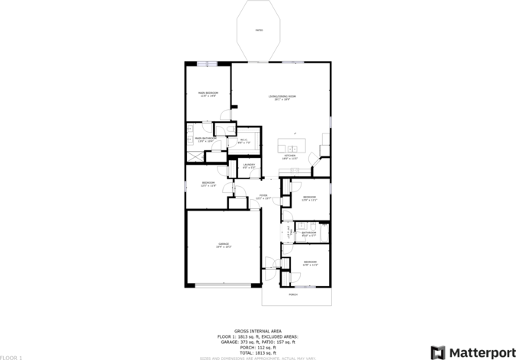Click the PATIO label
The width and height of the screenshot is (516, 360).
259,30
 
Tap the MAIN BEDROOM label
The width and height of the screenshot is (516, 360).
208,93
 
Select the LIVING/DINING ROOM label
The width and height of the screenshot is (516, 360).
282,96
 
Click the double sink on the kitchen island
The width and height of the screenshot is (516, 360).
292,147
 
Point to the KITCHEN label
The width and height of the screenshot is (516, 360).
289,156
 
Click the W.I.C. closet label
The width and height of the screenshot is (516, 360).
243,140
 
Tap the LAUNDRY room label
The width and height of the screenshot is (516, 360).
248,165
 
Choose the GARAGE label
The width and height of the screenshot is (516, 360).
223,245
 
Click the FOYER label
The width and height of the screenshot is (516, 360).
263,195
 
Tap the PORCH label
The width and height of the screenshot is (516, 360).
293,294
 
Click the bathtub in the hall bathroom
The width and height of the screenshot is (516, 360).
323,233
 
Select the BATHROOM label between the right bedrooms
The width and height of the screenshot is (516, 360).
308,233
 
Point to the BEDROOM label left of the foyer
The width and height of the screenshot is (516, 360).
208,183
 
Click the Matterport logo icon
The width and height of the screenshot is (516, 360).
438,352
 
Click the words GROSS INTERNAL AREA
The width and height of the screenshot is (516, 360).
258,331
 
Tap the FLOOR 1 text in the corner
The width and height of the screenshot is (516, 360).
11,356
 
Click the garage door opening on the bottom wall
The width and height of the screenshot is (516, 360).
223,285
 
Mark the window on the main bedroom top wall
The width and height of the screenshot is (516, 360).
208,63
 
